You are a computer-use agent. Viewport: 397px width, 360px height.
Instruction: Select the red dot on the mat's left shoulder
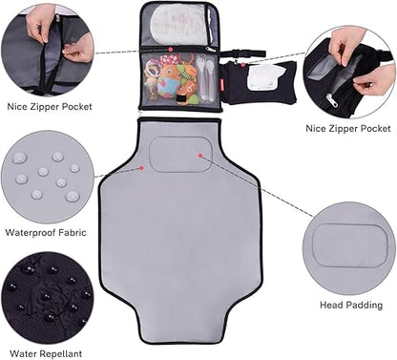[142, 167]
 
